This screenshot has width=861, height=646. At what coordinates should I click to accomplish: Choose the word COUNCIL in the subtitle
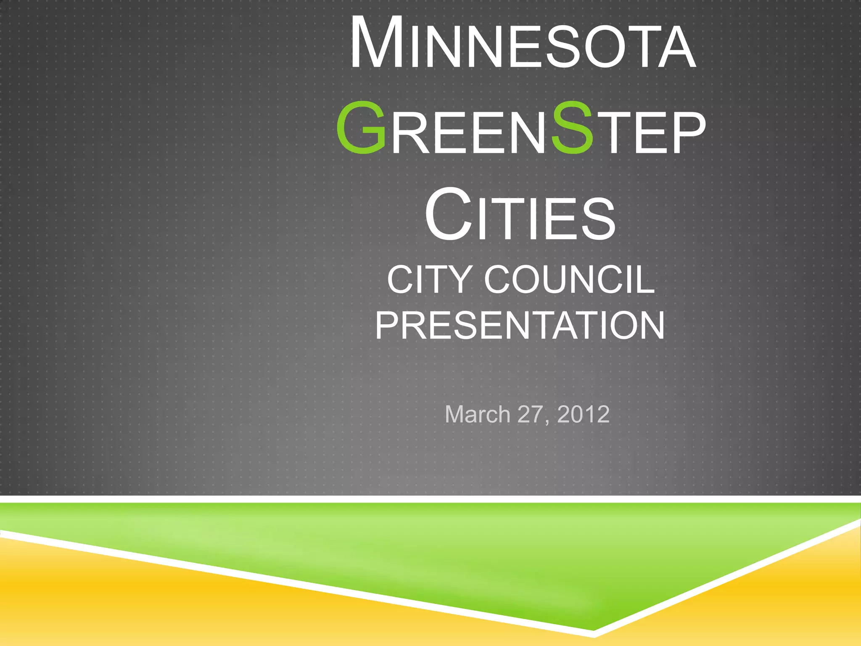click(x=569, y=280)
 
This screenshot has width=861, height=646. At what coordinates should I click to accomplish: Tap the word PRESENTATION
click(x=520, y=326)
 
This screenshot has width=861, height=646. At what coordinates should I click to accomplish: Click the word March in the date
click(x=477, y=415)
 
